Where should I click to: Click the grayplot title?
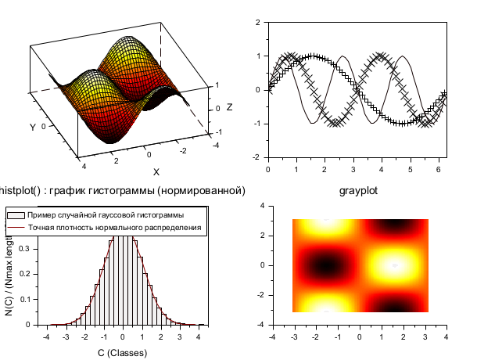coord(359,190)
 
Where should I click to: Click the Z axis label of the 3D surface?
coord(229,107)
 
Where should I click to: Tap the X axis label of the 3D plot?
coord(156,171)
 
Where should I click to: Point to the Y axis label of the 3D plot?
coord(32,127)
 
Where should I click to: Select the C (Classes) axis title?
coord(122,353)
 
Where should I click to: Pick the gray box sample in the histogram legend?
coord(16,214)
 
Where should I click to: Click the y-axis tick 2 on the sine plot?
coord(259,22)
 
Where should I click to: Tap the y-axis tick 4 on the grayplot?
coord(262,205)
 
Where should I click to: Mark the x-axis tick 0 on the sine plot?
coord(267,168)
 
